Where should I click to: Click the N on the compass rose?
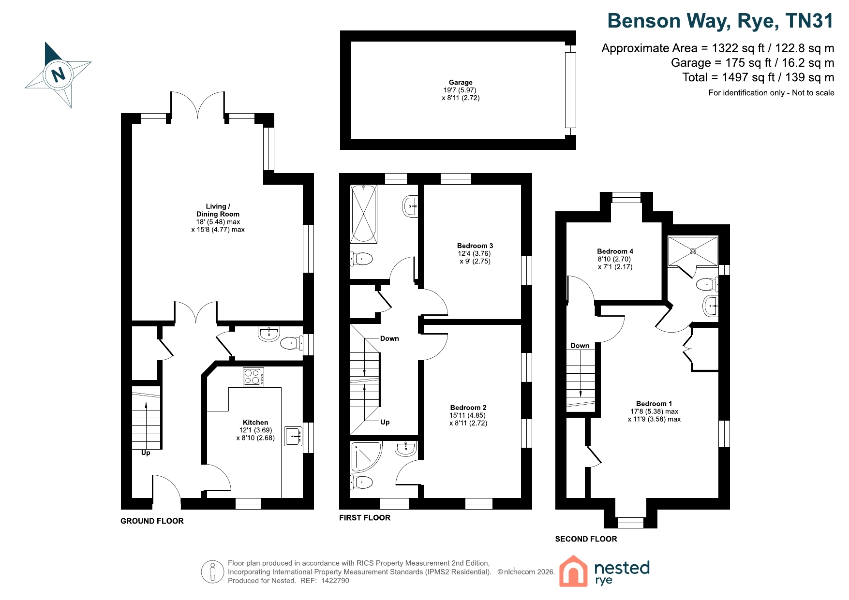[x=59, y=75]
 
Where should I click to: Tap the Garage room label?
[x=461, y=82]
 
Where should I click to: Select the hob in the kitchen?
[x=253, y=377]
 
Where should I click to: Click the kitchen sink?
[x=293, y=436]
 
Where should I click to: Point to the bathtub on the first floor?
[x=364, y=214]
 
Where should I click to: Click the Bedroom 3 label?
[x=475, y=246]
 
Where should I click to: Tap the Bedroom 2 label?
[x=468, y=408]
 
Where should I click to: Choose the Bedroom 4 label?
[x=615, y=251]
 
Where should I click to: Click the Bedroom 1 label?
[x=654, y=404]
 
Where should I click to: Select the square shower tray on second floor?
[x=693, y=251]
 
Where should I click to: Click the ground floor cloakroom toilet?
[x=292, y=343]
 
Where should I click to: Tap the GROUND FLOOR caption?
[x=152, y=521]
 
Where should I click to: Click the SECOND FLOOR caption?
[x=586, y=539]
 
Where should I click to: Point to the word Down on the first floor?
[x=389, y=338]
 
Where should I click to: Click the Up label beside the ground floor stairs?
[x=146, y=453]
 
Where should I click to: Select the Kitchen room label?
[x=255, y=422]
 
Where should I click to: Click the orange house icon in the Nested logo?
[x=573, y=571]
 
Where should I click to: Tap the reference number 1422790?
[x=335, y=581]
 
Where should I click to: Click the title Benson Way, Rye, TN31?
[x=720, y=21]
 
